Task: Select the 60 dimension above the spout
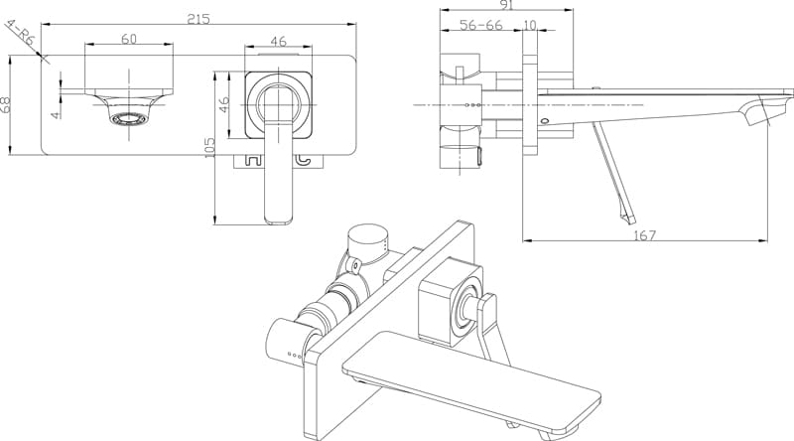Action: click(x=129, y=39)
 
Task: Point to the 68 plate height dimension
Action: click(x=8, y=104)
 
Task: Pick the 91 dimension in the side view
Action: click(x=506, y=5)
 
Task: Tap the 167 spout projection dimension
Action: click(x=645, y=235)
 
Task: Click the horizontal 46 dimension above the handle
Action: click(x=279, y=41)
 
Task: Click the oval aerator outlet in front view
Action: click(x=130, y=120)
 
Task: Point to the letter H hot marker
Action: click(x=252, y=159)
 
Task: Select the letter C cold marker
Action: click(x=304, y=159)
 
